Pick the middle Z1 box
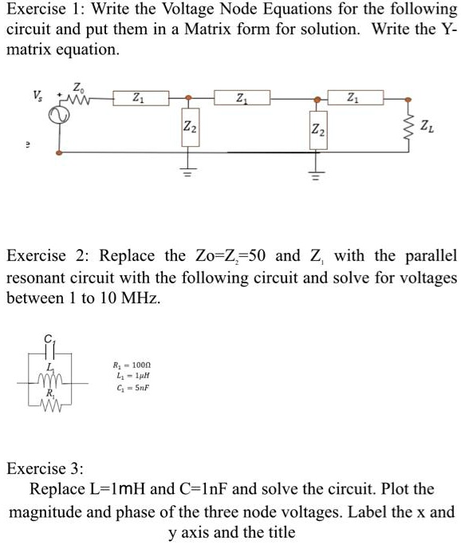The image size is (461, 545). tap(242, 98)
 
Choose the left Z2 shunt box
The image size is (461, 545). tap(187, 128)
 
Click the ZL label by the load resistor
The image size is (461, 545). tap(429, 125)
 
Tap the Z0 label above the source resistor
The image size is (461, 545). tap(77, 86)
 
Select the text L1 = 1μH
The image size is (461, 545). tap(133, 375)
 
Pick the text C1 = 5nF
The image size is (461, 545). tap(133, 387)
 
